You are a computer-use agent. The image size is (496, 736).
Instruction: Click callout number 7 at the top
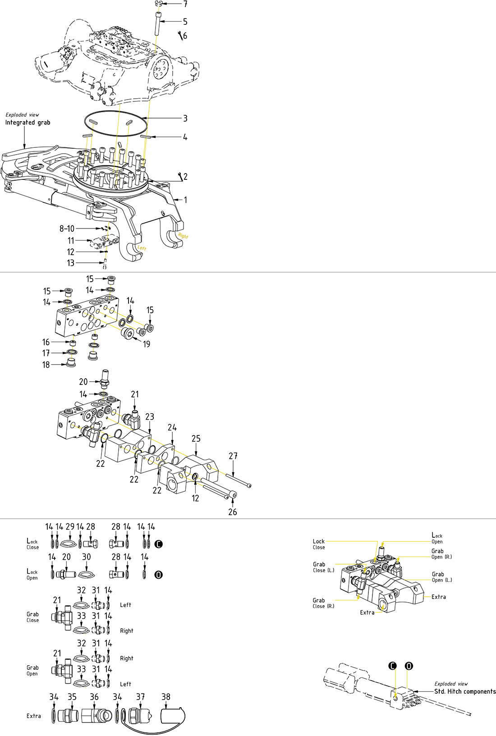click(185, 4)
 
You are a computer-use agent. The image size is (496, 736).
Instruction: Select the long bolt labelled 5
click(158, 23)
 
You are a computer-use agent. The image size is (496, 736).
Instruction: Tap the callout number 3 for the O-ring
click(185, 119)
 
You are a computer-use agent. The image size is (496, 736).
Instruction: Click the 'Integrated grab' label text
click(28, 123)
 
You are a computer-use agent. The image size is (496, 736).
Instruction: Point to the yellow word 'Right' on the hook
click(183, 236)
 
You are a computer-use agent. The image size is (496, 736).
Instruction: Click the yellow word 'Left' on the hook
click(142, 248)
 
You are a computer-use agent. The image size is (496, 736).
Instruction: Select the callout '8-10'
click(67, 229)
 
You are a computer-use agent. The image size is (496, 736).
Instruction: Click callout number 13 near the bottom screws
click(71, 263)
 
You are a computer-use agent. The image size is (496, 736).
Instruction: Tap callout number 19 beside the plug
click(147, 344)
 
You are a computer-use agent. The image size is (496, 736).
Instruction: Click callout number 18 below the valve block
click(46, 365)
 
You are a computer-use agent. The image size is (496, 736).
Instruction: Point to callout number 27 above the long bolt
click(233, 456)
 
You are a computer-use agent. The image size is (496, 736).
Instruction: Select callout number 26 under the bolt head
click(233, 512)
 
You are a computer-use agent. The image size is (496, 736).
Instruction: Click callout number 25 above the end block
click(196, 439)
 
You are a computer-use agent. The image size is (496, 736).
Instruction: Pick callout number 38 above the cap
click(166, 697)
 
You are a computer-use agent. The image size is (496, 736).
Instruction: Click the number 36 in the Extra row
click(94, 697)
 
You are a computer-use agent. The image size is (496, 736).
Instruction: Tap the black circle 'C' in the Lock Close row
click(158, 544)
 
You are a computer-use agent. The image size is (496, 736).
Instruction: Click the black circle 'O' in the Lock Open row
click(158, 575)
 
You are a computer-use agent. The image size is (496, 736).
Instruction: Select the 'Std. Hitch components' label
click(464, 691)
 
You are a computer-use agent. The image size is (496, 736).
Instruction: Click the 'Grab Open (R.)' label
click(441, 554)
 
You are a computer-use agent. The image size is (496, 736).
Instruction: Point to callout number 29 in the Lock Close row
click(70, 526)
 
